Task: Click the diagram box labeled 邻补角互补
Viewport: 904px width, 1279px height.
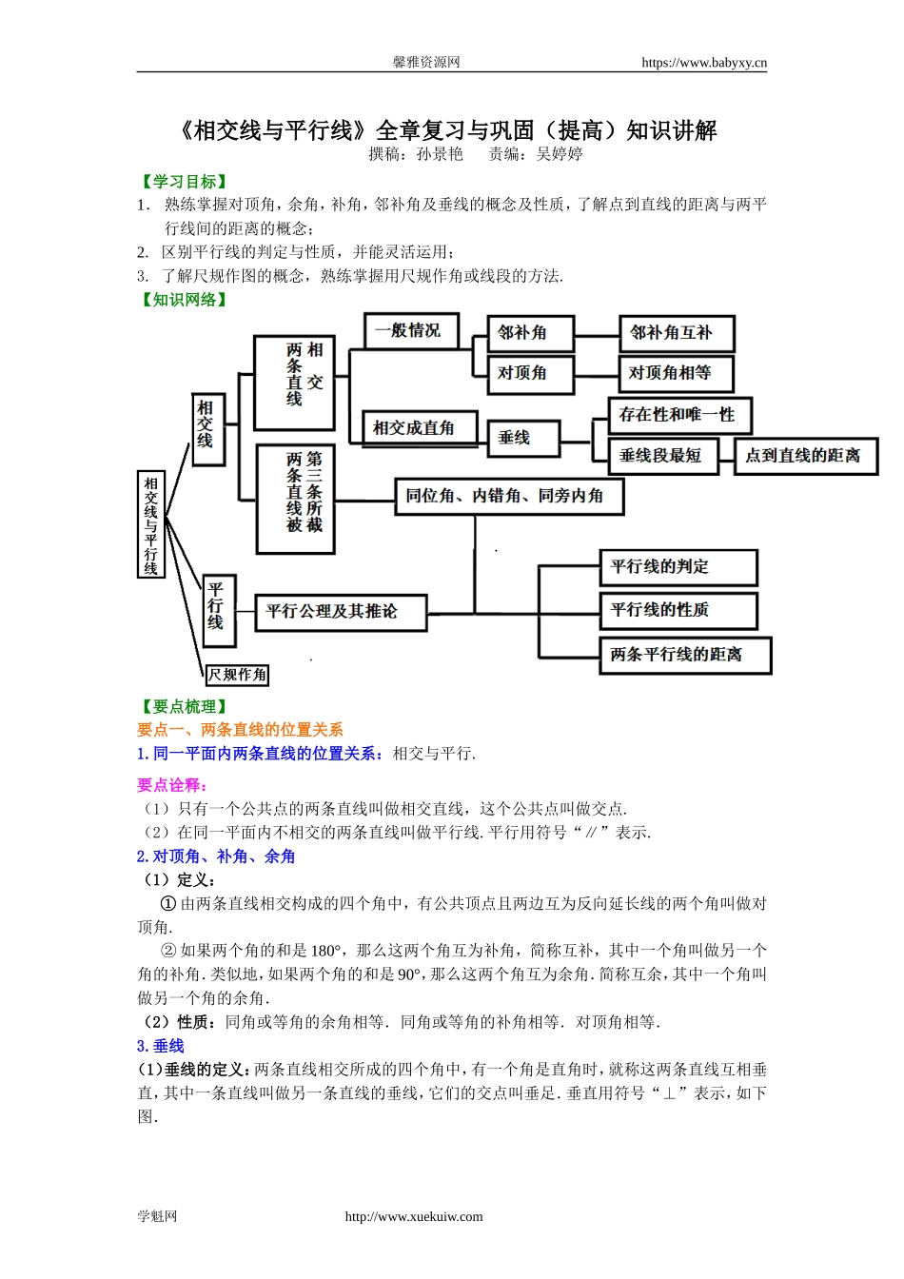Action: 677,334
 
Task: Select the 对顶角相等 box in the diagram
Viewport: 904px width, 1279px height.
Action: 676,374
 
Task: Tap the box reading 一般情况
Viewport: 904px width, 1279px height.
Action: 411,331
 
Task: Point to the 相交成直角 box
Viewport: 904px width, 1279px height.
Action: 414,428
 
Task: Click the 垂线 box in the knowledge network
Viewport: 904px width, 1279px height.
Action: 522,438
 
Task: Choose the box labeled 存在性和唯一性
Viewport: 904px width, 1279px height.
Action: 679,415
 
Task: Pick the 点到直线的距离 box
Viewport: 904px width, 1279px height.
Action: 805,456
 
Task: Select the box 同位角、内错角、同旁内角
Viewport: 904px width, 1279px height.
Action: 509,496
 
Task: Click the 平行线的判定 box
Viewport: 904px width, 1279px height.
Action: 678,567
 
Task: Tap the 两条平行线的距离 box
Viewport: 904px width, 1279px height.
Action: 684,655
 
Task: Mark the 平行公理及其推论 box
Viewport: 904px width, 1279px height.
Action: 341,612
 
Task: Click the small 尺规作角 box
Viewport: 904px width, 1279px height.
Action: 237,675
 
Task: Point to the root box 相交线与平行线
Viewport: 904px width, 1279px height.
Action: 151,525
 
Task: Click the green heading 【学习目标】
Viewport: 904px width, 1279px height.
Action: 184,182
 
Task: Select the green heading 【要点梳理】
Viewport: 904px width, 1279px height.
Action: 184,706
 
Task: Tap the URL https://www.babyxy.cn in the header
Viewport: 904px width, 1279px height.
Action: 703,63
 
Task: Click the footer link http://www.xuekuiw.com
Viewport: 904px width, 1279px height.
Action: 414,1216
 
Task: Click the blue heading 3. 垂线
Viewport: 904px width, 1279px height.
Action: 161,1046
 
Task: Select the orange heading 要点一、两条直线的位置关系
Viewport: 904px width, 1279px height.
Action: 240,730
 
